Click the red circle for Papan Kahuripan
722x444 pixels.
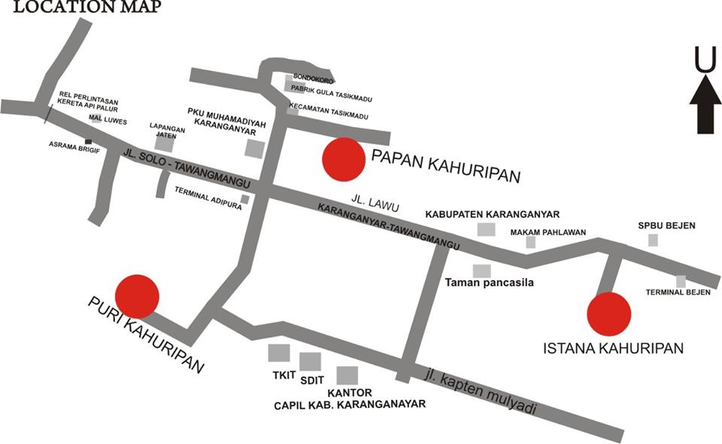pyautogui.click(x=344, y=159)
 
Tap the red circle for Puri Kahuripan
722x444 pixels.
pyautogui.click(x=137, y=296)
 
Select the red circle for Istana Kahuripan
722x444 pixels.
pyautogui.click(x=608, y=313)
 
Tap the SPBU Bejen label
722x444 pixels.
pyautogui.click(x=666, y=225)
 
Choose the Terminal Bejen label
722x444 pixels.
pyautogui.click(x=678, y=292)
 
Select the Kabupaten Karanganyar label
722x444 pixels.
pyautogui.click(x=493, y=214)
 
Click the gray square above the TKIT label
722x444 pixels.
pyautogui.click(x=279, y=352)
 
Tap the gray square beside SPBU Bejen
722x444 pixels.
pyautogui.click(x=654, y=240)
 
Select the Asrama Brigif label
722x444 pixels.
pyautogui.click(x=65, y=143)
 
